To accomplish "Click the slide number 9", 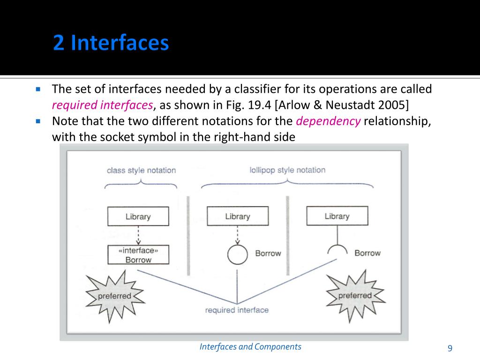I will coord(450,347).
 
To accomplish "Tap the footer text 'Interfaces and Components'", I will coord(250,347).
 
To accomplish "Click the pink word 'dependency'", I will coord(328,121).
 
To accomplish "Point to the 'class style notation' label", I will coord(141,171).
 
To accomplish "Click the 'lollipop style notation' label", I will coord(287,170).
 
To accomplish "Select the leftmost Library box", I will coord(138,217).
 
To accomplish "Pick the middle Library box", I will coord(238,216).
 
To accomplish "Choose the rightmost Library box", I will coord(337,216).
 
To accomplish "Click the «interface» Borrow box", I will coord(138,255).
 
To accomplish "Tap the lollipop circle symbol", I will coord(237,254).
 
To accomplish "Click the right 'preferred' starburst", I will coord(355,296).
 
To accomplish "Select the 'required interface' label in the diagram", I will coord(237,310).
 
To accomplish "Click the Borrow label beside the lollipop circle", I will coord(268,253).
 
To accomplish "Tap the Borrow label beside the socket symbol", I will coord(367,253).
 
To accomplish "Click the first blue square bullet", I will coord(38,89).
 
